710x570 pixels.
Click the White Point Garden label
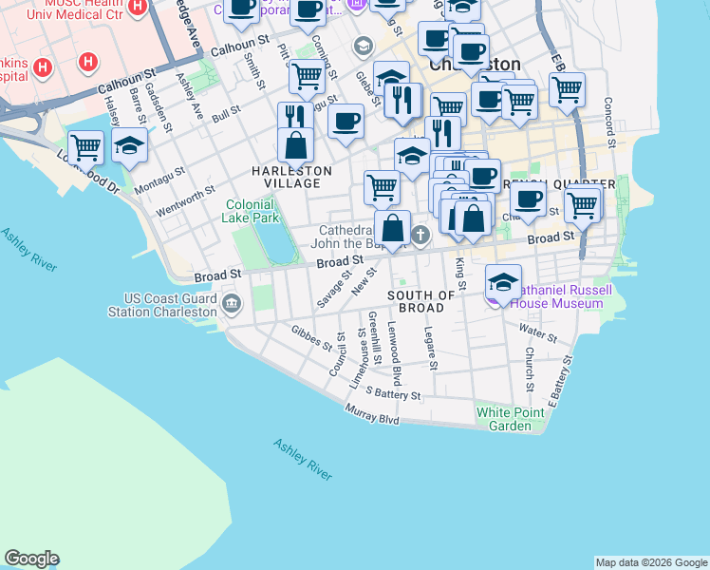[504, 419]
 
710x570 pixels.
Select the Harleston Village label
[291, 171]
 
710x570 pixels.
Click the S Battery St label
[392, 392]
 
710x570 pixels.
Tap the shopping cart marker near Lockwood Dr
[85, 147]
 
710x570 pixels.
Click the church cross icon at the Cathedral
[420, 235]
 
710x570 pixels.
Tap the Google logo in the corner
[31, 559]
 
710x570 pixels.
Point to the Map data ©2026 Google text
[650, 562]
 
